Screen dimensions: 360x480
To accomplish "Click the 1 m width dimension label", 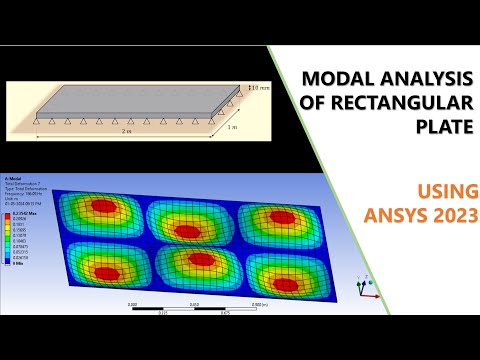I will point(233,128).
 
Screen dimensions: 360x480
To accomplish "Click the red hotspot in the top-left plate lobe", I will point(99,208).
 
